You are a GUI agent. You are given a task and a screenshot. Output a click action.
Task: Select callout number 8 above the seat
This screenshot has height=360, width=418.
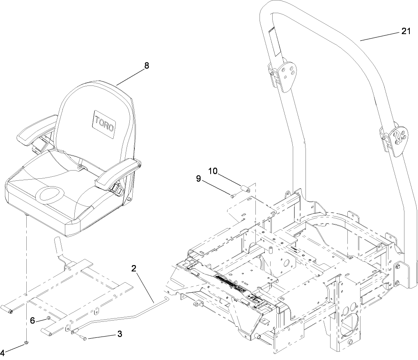(146, 65)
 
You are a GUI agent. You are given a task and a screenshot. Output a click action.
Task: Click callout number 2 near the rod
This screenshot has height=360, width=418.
(134, 269)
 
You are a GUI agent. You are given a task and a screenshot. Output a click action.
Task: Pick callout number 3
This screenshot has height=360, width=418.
(119, 334)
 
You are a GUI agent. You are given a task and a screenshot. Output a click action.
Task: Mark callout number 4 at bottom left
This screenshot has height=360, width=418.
(3, 352)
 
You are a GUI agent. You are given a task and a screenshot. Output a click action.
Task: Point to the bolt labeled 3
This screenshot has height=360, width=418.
(83, 338)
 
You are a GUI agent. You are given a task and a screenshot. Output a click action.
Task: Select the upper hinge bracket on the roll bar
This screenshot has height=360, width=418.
(283, 74)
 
